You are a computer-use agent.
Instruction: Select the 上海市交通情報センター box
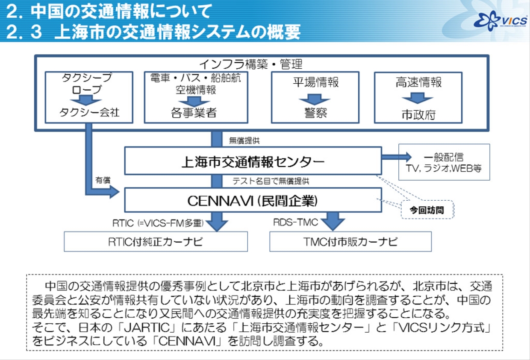click(253, 161)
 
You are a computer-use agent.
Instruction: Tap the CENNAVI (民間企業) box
click(253, 200)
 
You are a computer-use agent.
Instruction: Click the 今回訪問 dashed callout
click(427, 210)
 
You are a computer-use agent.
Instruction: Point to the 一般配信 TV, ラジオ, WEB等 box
click(444, 162)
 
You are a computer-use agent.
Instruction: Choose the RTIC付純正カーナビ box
click(156, 242)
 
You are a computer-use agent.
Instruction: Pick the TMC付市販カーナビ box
click(350, 242)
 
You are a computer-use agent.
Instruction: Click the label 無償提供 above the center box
click(244, 140)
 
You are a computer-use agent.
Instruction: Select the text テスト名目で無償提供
click(271, 181)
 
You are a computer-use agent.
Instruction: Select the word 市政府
click(418, 114)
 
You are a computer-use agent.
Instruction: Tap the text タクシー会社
click(89, 112)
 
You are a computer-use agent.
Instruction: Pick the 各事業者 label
click(194, 113)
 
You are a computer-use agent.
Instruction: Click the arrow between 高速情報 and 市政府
click(418, 99)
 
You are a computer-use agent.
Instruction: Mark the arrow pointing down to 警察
click(315, 99)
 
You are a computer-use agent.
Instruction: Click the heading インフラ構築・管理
click(251, 64)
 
